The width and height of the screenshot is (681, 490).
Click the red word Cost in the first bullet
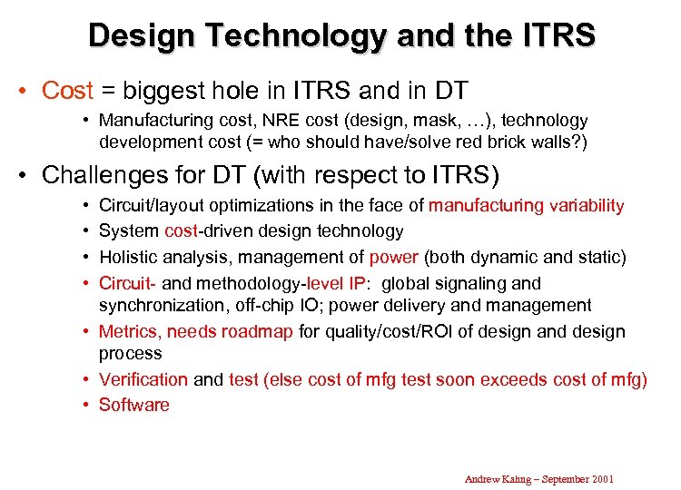[x=68, y=91]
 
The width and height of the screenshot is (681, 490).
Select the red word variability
[x=587, y=206]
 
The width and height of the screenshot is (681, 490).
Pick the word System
[x=129, y=231]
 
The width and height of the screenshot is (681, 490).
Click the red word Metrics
[x=130, y=331]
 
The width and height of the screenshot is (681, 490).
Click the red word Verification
[x=143, y=379]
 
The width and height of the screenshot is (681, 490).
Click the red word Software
[x=134, y=405]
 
